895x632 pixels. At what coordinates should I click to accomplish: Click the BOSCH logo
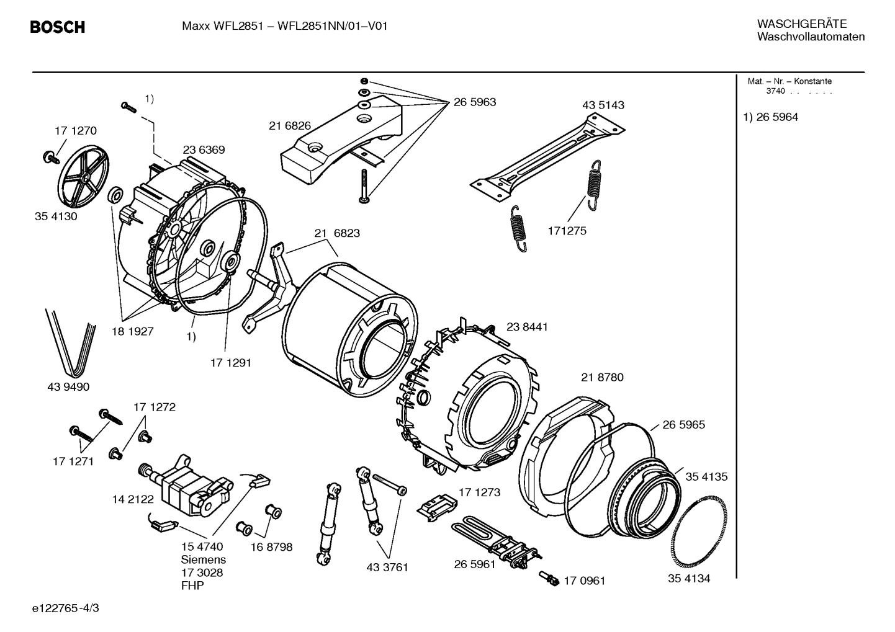coord(57,27)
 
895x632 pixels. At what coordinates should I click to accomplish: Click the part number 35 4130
coord(56,216)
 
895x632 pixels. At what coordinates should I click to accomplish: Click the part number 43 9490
coord(68,387)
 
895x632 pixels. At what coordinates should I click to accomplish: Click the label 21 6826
coord(290,126)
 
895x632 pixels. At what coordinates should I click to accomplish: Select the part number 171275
coord(567,231)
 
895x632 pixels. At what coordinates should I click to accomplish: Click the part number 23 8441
coord(527,327)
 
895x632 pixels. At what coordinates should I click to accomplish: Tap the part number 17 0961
coord(583,581)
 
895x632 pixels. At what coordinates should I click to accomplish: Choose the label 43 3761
coord(387,567)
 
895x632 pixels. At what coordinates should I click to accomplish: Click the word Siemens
coord(203,559)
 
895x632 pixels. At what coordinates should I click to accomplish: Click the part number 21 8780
coord(602,377)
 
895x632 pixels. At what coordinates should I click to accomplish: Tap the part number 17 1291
coord(230,363)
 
